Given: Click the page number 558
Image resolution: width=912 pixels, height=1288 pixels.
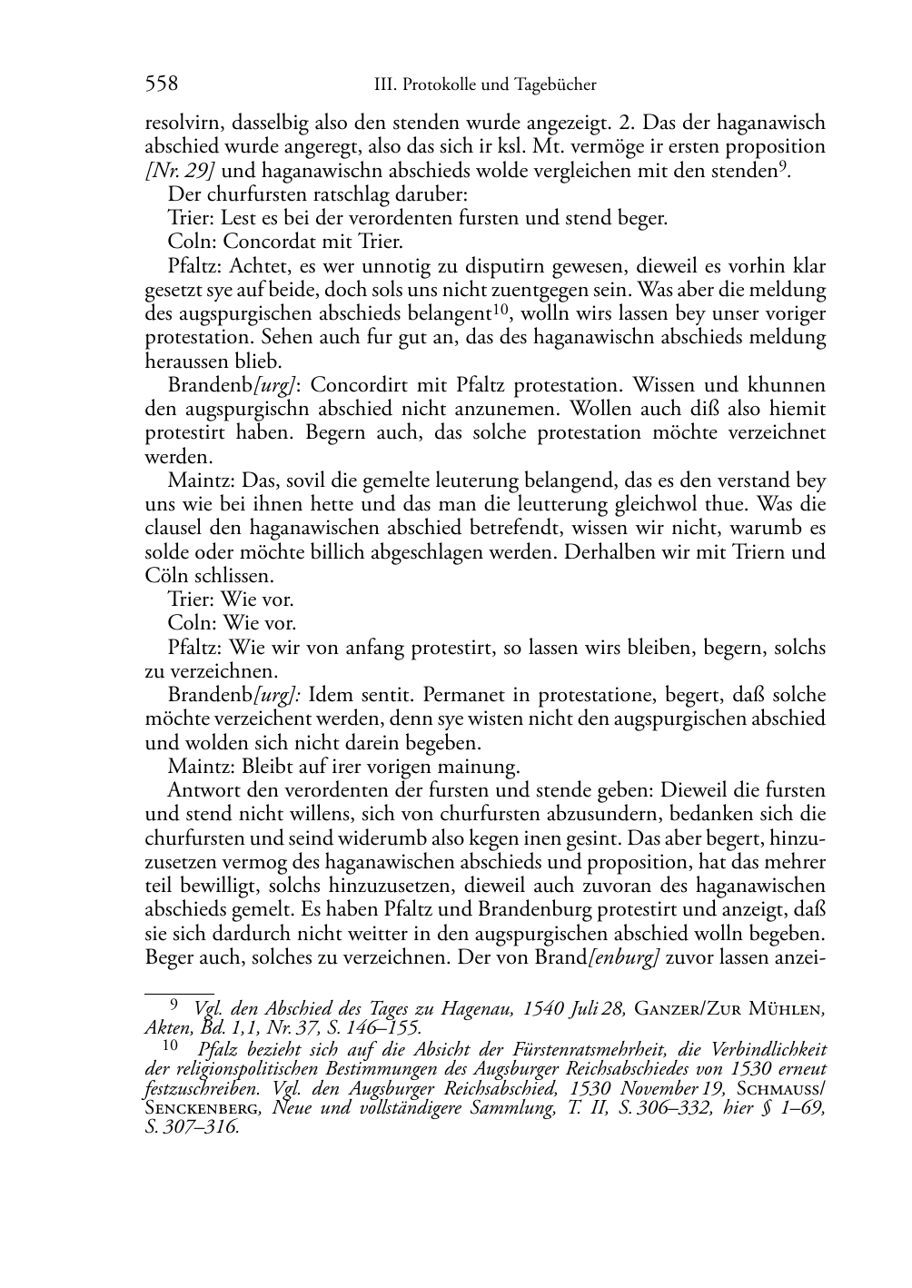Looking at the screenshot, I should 162,84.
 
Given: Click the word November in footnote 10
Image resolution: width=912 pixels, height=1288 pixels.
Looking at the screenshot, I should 663,1089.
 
